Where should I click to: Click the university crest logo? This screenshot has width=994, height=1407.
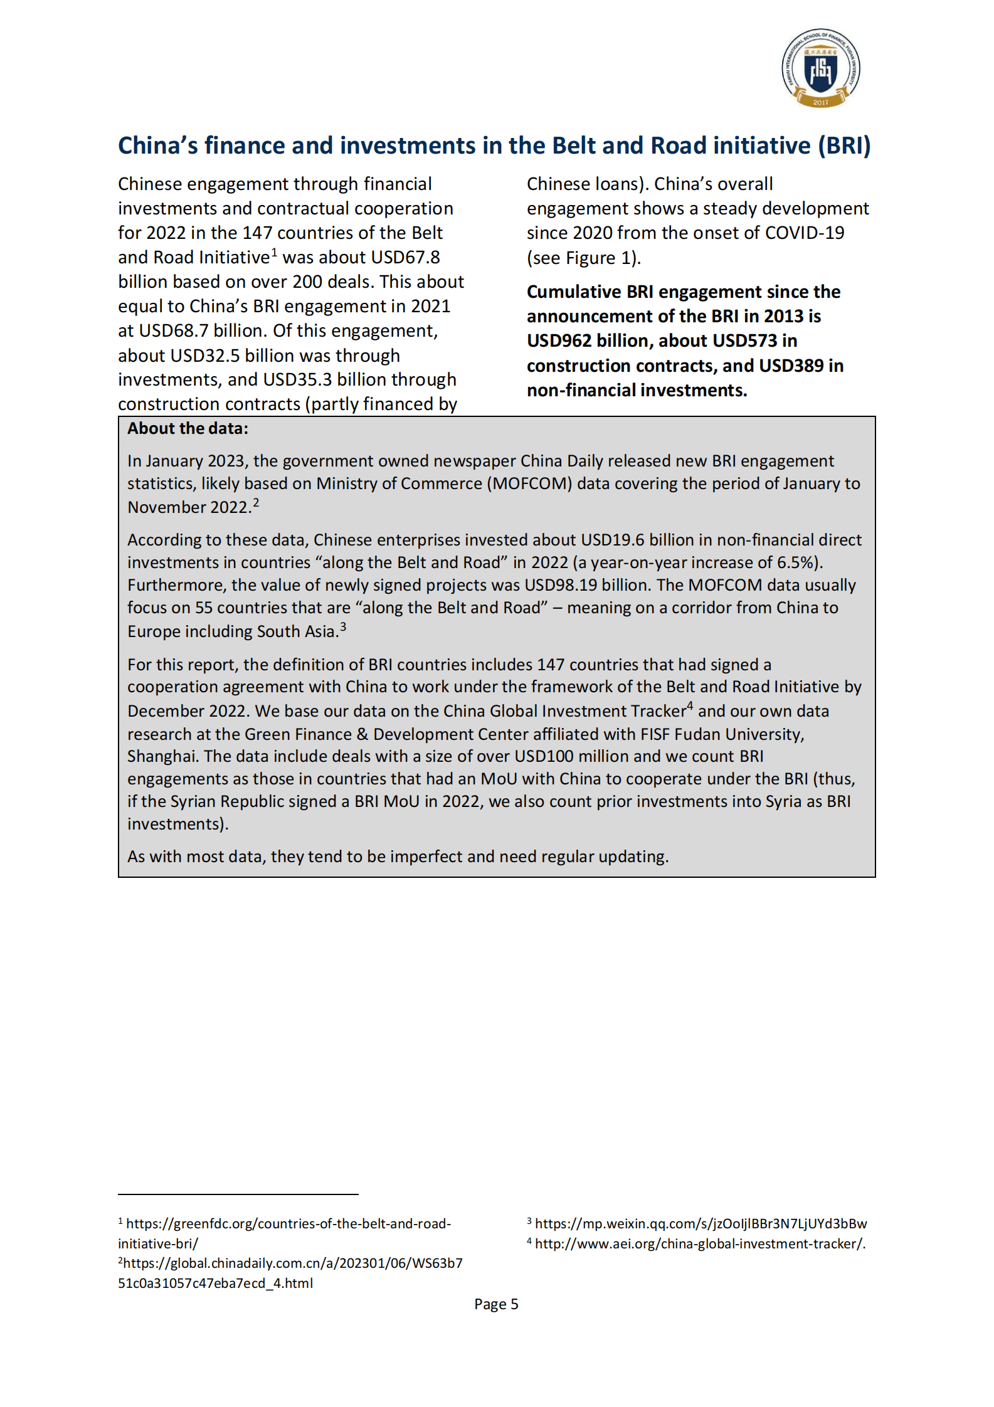820,68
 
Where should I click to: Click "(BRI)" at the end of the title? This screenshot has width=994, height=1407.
844,145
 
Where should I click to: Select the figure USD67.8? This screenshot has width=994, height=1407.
405,257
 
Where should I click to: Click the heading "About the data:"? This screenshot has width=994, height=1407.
188,428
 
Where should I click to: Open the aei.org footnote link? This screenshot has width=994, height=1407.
700,1243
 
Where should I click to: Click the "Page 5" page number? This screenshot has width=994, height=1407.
496,1304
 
